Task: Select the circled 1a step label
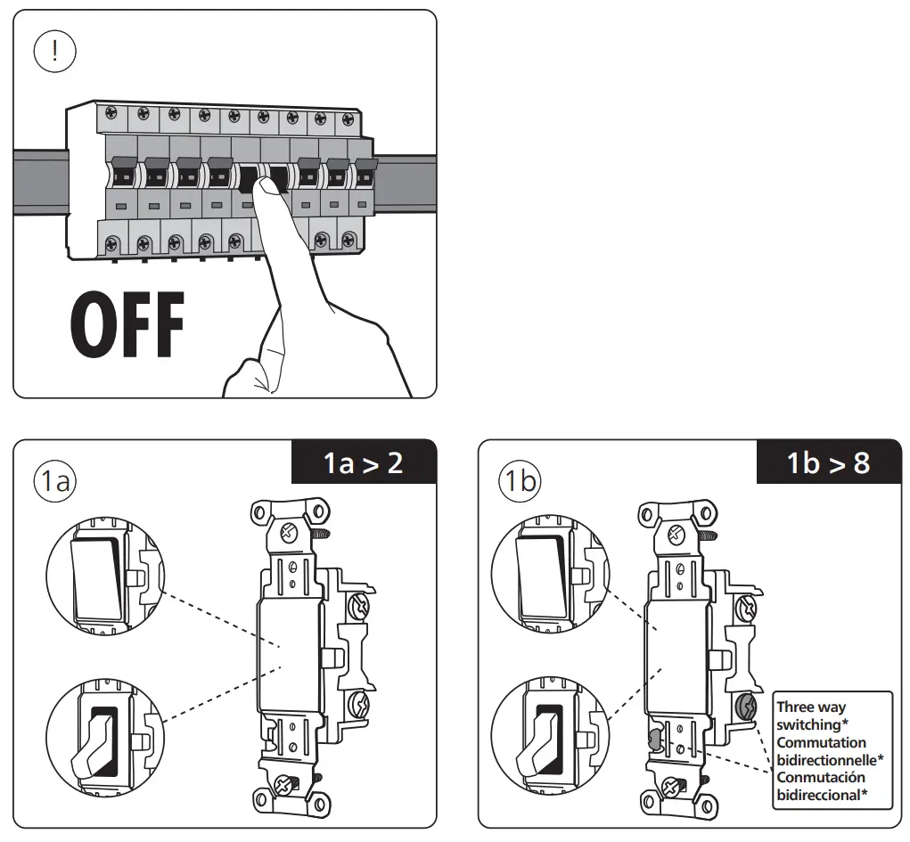point(54,482)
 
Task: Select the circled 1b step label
point(520,482)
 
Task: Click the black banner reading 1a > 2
point(364,463)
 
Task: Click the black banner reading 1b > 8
point(829,463)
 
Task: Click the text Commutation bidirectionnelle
point(830,750)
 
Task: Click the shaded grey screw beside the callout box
point(745,708)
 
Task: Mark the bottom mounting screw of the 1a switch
point(285,786)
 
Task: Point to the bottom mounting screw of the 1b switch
point(672,786)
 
